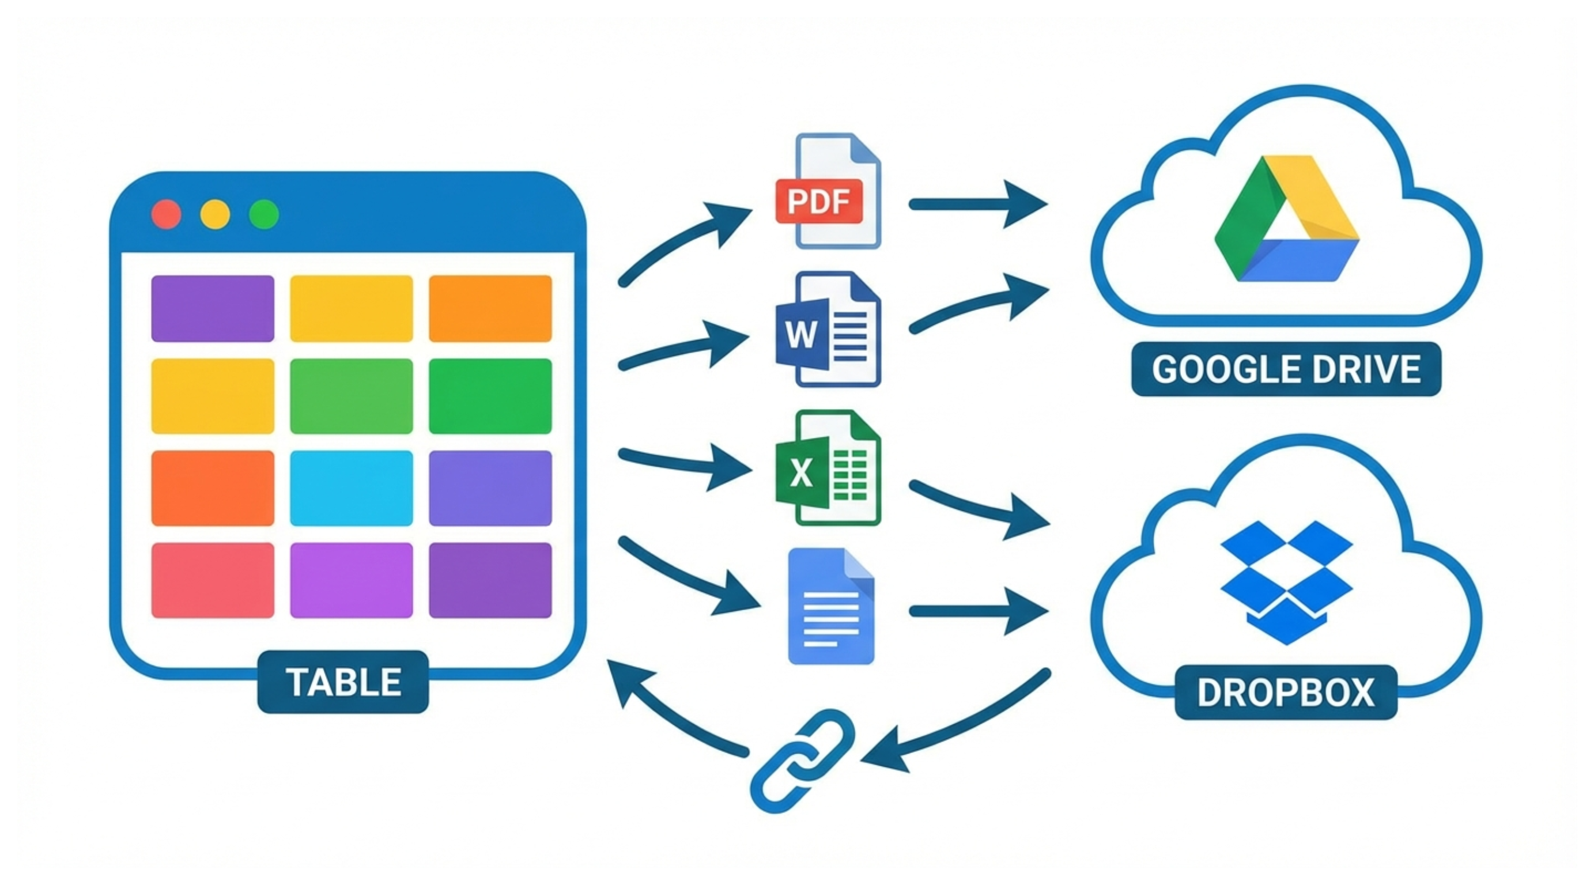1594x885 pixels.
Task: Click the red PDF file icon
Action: [828, 192]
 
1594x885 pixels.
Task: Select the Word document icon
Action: [828, 330]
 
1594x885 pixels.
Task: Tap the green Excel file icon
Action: [828, 468]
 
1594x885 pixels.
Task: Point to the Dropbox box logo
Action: [1286, 582]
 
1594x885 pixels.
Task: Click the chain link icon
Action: [803, 761]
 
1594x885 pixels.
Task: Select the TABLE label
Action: [343, 682]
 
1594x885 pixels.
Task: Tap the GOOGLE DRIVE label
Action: [1286, 369]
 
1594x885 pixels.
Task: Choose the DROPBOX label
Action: [1286, 693]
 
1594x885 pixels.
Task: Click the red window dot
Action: [167, 215]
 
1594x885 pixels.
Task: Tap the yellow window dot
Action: [216, 215]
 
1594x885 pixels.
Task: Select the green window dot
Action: [264, 215]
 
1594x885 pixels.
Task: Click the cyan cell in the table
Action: [351, 488]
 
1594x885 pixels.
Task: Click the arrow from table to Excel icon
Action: [681, 464]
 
